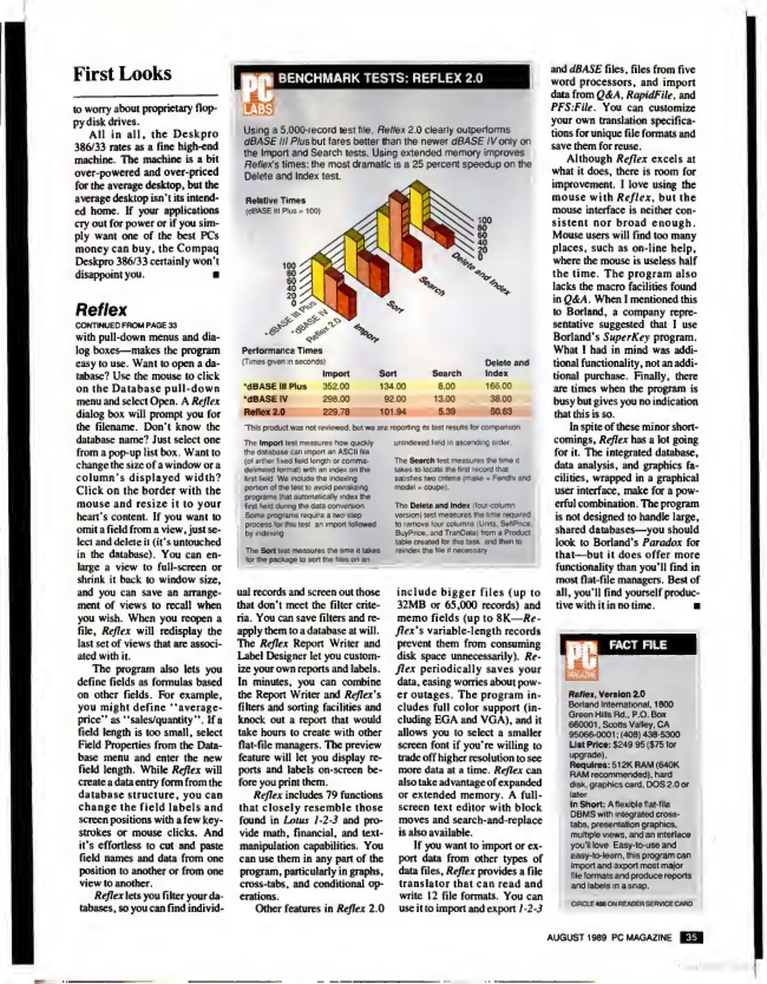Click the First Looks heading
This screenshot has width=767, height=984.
122,74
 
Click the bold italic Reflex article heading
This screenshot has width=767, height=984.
101,310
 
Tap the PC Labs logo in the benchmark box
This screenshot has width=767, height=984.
256,94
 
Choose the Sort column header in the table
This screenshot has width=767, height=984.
387,374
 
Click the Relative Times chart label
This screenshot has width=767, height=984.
275,200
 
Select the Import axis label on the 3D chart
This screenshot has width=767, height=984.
366,333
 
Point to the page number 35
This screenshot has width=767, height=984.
691,938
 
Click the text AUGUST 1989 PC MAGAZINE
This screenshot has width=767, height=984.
609,938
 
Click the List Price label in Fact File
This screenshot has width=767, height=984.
585,744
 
